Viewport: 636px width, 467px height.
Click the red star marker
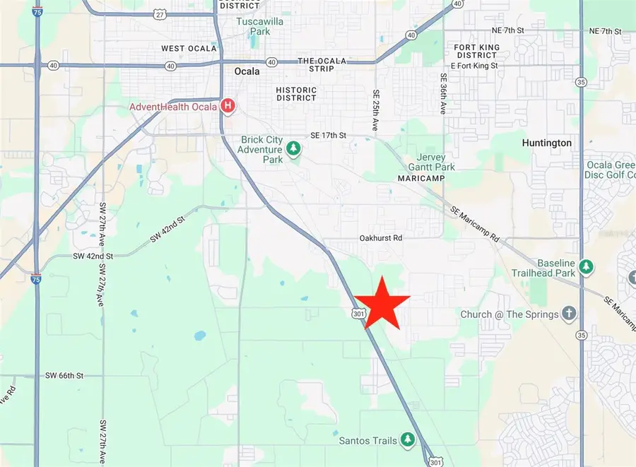(381, 303)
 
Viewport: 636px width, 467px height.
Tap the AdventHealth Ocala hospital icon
(228, 107)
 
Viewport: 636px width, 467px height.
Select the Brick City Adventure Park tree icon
(293, 148)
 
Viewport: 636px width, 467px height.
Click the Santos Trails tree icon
(408, 440)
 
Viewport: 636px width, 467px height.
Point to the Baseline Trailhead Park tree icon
(586, 267)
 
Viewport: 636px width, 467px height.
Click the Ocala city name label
(247, 71)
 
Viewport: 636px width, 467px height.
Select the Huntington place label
(546, 143)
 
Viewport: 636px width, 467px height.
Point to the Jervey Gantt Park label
(426, 162)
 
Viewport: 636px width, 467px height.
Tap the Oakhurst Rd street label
(380, 238)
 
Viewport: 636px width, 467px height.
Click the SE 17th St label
(329, 135)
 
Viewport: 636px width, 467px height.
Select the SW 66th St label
(64, 375)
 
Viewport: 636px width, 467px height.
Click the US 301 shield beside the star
(359, 313)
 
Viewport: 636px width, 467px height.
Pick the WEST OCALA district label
(183, 49)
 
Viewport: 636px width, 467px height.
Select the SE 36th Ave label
(444, 93)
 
